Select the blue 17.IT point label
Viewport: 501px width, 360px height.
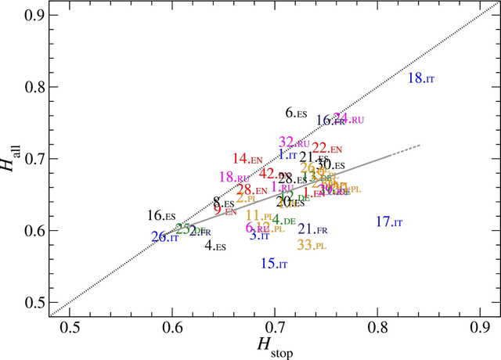pos(389,222)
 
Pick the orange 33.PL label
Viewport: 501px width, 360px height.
pos(312,245)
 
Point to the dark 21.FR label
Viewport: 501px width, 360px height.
pos(312,229)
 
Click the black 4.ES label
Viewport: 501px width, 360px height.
pos(215,246)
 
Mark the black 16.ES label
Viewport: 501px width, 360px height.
pos(161,215)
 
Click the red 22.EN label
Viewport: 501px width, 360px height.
pos(327,148)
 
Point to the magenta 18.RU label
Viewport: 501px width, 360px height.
pos(233,178)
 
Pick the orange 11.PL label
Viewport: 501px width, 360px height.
pos(259,216)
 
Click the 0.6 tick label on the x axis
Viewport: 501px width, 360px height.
pos(171,326)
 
